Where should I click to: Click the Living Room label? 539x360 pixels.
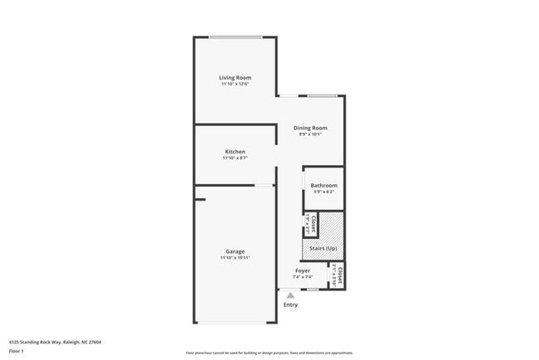point(236,78)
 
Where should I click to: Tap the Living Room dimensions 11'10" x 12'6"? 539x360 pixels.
point(236,85)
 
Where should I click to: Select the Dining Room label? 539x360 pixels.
point(310,128)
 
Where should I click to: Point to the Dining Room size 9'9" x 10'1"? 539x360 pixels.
point(310,134)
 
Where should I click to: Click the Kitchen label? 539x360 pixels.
point(235,152)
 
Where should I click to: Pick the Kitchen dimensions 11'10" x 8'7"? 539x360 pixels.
point(235,158)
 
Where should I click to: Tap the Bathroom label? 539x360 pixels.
point(323,186)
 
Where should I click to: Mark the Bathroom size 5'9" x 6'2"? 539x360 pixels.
point(323,192)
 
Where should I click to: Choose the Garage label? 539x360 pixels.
point(235,251)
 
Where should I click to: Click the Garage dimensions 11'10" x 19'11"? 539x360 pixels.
point(235,258)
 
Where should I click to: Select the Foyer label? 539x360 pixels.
point(303,270)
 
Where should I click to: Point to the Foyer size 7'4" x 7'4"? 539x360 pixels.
point(303,277)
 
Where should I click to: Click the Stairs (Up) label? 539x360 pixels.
point(323,248)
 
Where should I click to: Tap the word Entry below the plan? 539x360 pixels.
point(290,305)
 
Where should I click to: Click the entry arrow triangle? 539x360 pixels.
point(290,294)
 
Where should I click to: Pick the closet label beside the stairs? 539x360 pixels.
point(313,221)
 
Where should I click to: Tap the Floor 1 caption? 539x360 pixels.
point(17,352)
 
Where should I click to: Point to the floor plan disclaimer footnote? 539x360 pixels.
point(269,353)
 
